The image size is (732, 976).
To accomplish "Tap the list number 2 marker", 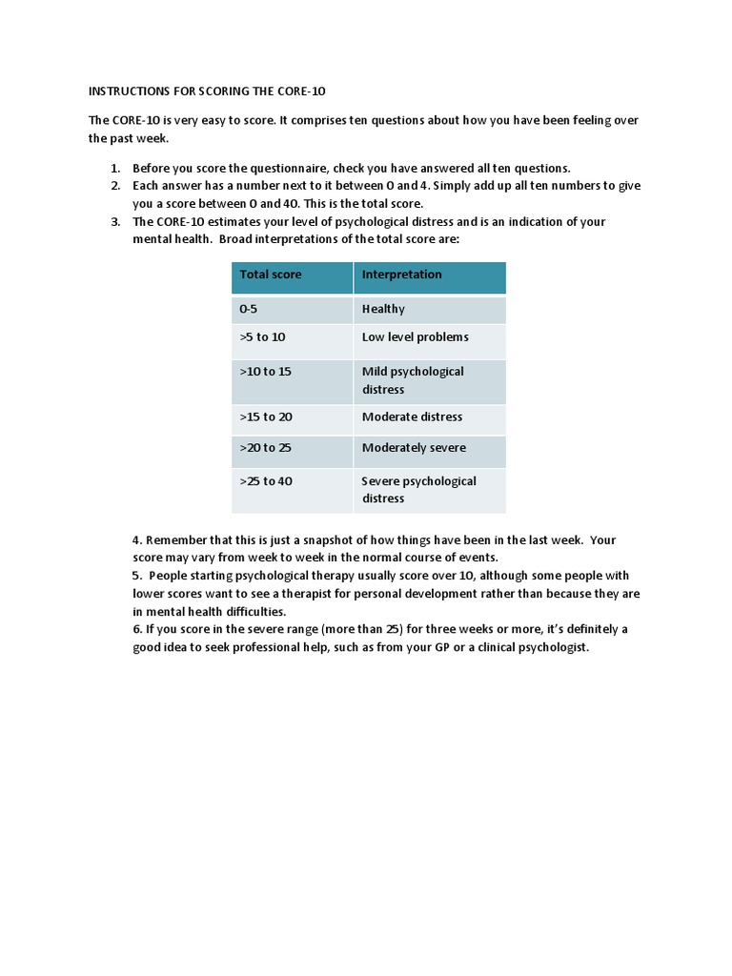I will (x=114, y=186).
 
